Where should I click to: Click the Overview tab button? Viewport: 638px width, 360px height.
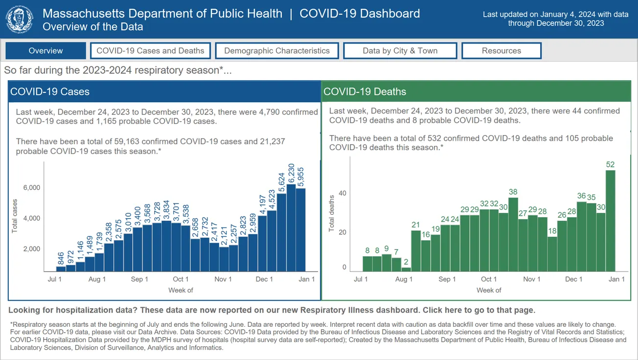tap(46, 51)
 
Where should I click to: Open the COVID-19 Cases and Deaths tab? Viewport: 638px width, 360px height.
tap(150, 51)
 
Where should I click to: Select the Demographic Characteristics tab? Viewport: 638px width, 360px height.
tap(277, 51)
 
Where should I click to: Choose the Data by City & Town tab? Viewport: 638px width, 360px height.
tap(400, 51)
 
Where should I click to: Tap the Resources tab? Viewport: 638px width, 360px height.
tap(501, 51)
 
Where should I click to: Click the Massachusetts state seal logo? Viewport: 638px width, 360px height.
tap(20, 20)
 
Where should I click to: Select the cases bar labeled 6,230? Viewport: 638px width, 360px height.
tap(291, 228)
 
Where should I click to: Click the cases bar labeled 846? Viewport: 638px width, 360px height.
tap(61, 269)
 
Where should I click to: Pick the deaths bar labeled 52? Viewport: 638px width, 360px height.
tap(610, 220)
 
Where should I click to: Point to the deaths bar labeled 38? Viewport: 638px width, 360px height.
tap(513, 234)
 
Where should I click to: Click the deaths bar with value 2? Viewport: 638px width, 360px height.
tap(406, 269)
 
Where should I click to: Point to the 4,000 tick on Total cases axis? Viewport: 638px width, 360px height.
tap(31, 218)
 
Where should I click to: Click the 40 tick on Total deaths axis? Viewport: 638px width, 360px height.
tap(342, 193)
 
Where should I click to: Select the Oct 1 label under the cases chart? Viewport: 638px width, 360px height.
tap(181, 279)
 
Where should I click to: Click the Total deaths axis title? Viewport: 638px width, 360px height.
tap(332, 213)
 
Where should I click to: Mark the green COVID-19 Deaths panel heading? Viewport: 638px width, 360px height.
tap(476, 91)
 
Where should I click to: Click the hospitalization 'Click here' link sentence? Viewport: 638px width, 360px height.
tap(479, 310)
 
